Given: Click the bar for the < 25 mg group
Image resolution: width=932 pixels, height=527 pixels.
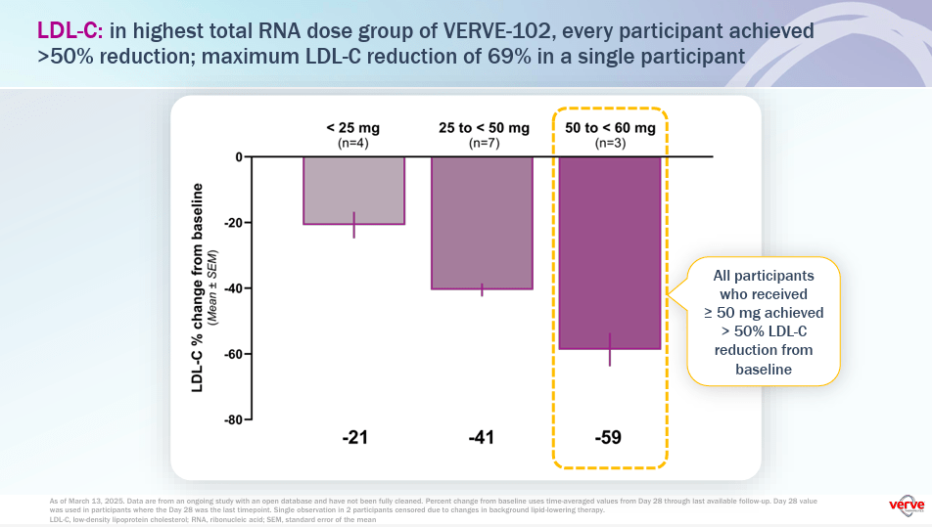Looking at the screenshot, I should pos(353,191).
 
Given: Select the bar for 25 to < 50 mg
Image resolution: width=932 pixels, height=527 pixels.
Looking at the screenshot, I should pos(482,223).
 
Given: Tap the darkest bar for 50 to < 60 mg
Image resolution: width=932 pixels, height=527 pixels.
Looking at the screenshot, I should pos(609,252).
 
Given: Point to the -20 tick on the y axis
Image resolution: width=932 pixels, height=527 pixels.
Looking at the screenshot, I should pos(232,223).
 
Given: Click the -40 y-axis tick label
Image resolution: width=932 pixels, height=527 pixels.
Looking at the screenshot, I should pos(232,288).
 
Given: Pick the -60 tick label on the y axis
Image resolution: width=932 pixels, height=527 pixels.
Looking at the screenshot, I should pos(232,354).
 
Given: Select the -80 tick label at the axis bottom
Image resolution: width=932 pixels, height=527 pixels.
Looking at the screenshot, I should pos(232,419).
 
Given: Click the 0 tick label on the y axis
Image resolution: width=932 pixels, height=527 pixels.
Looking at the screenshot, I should pos(237,157).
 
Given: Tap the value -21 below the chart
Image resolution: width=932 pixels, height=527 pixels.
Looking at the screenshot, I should pos(354,438).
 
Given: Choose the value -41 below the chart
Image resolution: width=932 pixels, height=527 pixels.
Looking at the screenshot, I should pos(482,438).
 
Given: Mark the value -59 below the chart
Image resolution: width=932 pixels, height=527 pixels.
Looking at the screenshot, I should pos(609,438).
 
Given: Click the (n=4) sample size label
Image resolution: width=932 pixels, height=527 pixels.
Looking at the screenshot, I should pos(353,143).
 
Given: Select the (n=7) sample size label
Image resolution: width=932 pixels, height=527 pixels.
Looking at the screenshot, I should pos(482,143).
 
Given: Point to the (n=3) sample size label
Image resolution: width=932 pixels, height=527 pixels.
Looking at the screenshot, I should pos(609,143).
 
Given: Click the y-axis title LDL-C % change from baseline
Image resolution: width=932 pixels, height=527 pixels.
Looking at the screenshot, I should pos(199,287).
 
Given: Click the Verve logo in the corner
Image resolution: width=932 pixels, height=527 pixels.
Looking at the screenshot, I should pos(906,505).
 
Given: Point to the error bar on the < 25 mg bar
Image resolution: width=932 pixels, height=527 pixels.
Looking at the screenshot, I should pos(354,225).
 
